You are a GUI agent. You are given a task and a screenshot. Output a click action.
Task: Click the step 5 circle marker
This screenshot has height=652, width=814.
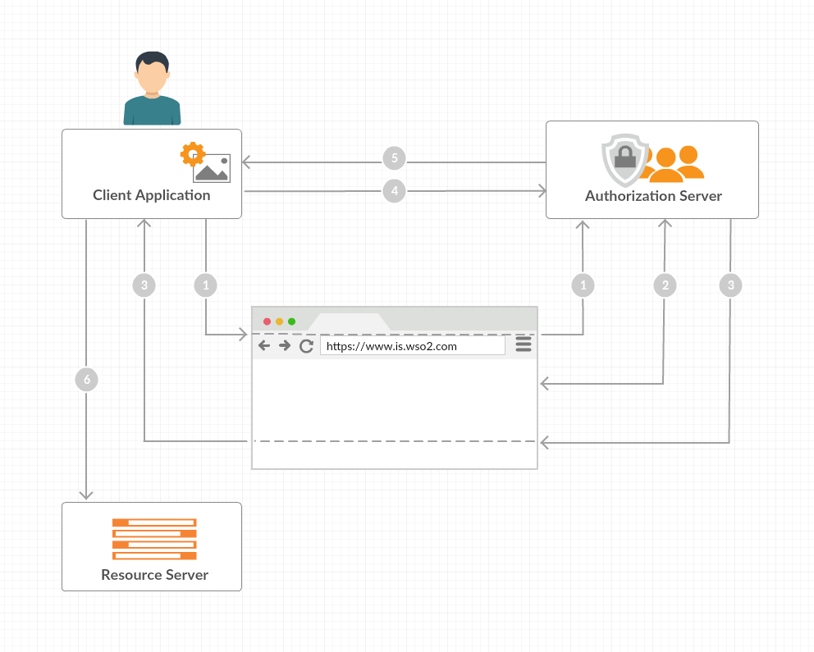(x=395, y=157)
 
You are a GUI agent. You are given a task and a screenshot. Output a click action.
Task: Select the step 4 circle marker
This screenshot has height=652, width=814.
(x=395, y=191)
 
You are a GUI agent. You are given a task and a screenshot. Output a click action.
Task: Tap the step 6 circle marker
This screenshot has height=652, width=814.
(x=86, y=379)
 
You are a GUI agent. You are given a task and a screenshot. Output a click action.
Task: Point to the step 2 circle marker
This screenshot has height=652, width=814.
(x=665, y=285)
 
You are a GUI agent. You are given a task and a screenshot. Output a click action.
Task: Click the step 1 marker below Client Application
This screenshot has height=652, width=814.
(x=205, y=285)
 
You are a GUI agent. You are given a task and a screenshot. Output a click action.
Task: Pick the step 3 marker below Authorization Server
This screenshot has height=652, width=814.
(x=730, y=285)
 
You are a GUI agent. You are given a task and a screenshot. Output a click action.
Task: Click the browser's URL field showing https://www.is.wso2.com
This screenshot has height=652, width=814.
(x=412, y=346)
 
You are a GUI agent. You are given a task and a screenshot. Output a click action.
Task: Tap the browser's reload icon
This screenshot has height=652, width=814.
(x=306, y=346)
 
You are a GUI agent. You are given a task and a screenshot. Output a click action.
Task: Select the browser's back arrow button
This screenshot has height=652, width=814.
(x=264, y=346)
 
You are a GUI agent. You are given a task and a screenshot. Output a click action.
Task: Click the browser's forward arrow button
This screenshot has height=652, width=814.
(x=285, y=346)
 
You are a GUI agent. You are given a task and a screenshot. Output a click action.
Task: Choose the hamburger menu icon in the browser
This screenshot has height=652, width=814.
(x=524, y=345)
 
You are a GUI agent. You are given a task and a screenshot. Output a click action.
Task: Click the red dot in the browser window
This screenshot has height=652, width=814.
(x=267, y=321)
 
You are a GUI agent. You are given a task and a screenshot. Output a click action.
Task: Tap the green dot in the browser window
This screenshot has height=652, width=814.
(x=291, y=321)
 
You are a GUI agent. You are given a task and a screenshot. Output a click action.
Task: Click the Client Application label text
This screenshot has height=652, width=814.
(x=152, y=195)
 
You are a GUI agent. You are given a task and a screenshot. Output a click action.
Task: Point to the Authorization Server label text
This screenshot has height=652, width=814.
(x=653, y=196)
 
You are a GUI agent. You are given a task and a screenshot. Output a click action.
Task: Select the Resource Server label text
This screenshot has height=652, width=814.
(x=154, y=574)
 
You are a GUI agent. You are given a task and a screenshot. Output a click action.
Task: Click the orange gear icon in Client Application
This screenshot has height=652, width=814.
(x=192, y=153)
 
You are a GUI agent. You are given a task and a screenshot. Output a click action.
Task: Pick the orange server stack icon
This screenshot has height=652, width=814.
(x=154, y=539)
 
